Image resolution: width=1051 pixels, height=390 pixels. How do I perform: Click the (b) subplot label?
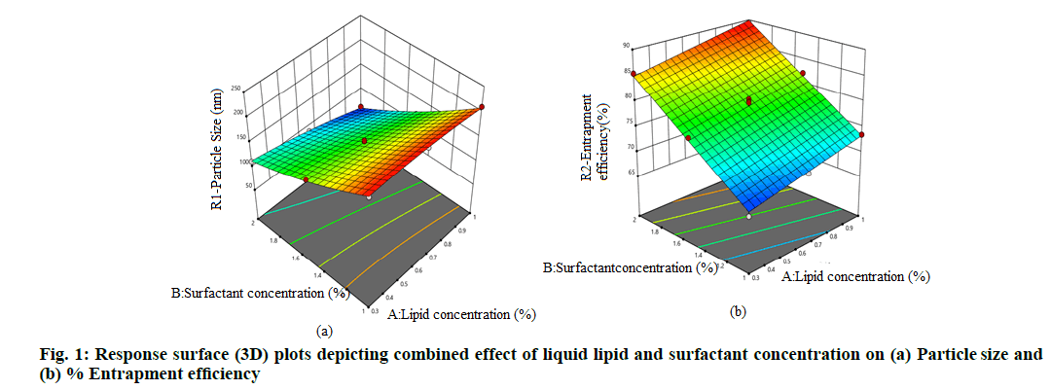(738, 312)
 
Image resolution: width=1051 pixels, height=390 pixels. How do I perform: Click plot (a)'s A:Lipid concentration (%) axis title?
(462, 314)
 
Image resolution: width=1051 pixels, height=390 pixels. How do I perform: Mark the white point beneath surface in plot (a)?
(369, 195)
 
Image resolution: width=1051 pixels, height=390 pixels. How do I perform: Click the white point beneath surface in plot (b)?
(748, 217)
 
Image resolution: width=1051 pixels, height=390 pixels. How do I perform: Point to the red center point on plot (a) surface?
(365, 141)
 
